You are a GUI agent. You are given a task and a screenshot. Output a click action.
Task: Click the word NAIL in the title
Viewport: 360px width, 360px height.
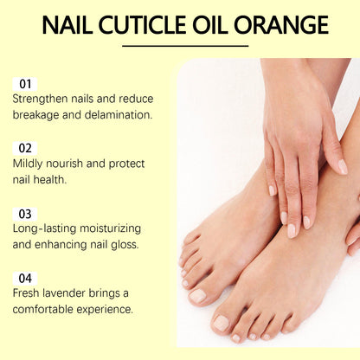[x=69, y=24]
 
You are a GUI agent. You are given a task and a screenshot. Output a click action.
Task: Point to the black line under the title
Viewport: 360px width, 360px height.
[x=184, y=46]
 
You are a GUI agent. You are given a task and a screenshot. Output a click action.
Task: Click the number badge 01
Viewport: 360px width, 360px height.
[x=25, y=84]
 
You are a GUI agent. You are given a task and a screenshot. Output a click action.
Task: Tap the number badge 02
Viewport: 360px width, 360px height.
[x=25, y=148]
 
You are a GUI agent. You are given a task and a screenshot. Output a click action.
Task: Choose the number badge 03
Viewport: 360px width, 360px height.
[x=25, y=213]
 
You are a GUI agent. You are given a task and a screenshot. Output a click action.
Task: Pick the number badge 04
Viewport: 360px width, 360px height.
[x=25, y=278]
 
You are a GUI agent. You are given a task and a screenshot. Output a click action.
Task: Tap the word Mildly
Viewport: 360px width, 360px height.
[x=31, y=164]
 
